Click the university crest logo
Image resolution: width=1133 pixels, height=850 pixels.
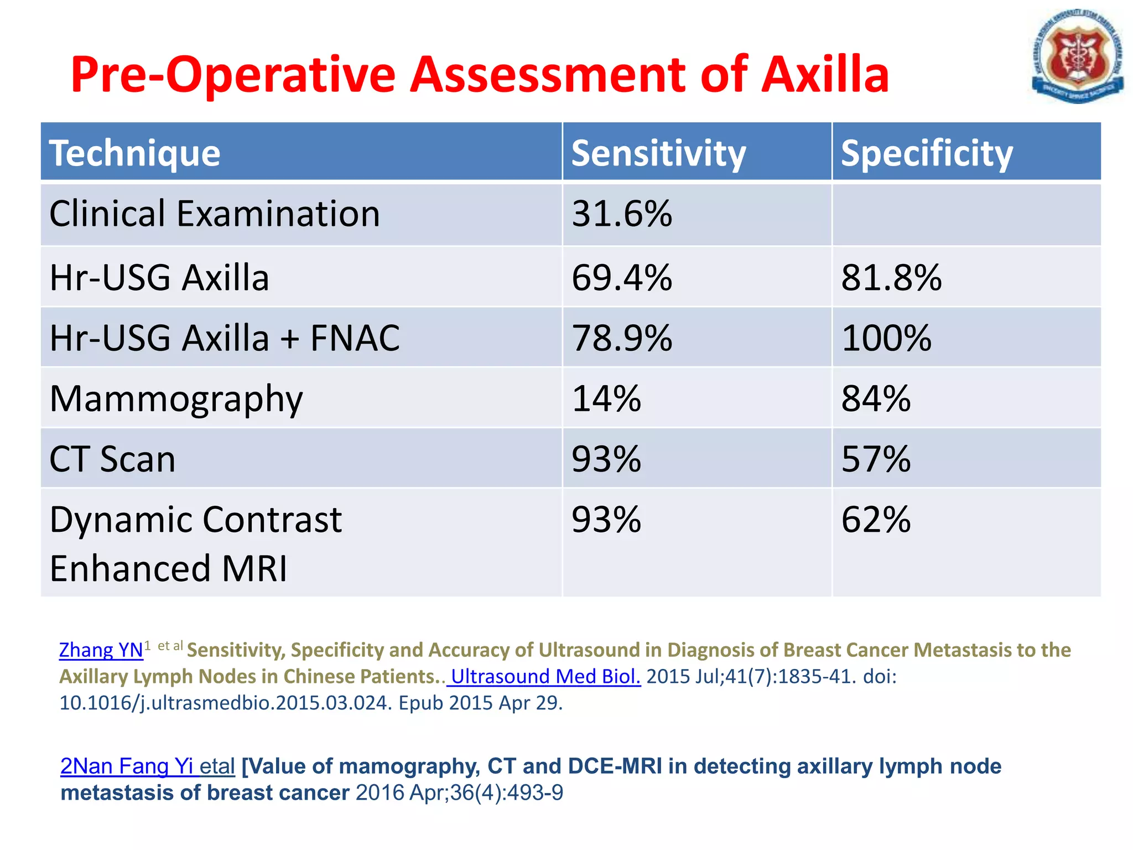pyautogui.click(x=1077, y=58)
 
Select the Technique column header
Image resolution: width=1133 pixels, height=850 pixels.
pyautogui.click(x=135, y=153)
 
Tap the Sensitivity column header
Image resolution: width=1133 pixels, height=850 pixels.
pyautogui.click(x=658, y=153)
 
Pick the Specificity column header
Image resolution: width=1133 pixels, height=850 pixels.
pyautogui.click(x=927, y=153)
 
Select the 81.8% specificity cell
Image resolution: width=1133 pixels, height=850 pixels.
pyautogui.click(x=891, y=277)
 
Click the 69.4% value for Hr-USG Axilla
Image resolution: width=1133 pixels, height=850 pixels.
pyautogui.click(x=621, y=277)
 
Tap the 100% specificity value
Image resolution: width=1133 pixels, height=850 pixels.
pyautogui.click(x=886, y=338)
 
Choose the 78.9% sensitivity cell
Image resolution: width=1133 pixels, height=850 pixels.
pyautogui.click(x=621, y=338)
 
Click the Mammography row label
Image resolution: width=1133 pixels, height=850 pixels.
pyautogui.click(x=176, y=399)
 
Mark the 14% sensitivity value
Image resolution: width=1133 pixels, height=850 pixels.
pyautogui.click(x=606, y=398)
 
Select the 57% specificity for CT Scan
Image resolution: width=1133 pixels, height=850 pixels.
pyautogui.click(x=876, y=459)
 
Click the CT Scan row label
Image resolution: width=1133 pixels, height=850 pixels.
pyautogui.click(x=112, y=459)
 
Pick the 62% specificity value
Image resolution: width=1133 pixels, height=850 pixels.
pyautogui.click(x=876, y=520)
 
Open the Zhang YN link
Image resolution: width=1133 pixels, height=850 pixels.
pyautogui.click(x=101, y=650)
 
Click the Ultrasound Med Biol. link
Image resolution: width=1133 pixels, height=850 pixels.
pyautogui.click(x=545, y=676)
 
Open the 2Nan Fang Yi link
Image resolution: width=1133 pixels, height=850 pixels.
pyautogui.click(x=127, y=766)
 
